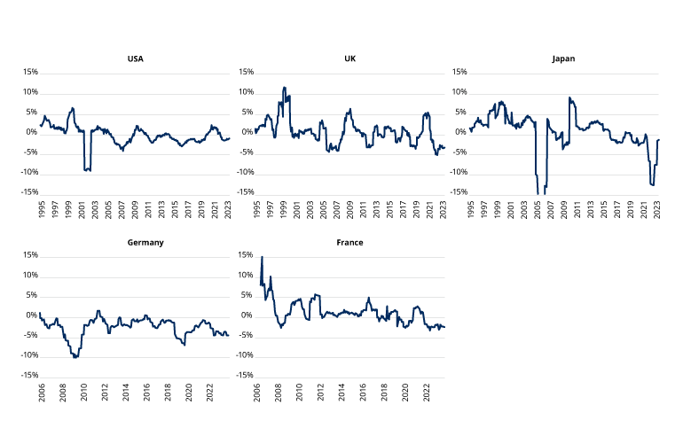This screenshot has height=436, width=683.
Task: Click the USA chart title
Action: [135, 59]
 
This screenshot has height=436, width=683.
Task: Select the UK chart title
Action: [350, 59]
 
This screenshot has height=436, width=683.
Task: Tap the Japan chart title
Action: [564, 59]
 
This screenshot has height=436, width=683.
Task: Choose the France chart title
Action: [350, 242]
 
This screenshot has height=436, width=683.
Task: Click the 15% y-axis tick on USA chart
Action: [30, 72]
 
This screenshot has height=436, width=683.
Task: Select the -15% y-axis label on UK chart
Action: [243, 192]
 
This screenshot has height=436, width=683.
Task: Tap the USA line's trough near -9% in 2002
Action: [87, 169]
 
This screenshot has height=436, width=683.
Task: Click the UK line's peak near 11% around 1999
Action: [284, 88]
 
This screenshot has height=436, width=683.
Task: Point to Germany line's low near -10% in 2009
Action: [75, 356]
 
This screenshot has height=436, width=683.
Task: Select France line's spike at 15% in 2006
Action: [262, 257]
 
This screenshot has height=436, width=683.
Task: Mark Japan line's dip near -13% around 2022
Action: [652, 184]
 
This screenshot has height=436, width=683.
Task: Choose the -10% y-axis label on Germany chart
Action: [28, 355]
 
